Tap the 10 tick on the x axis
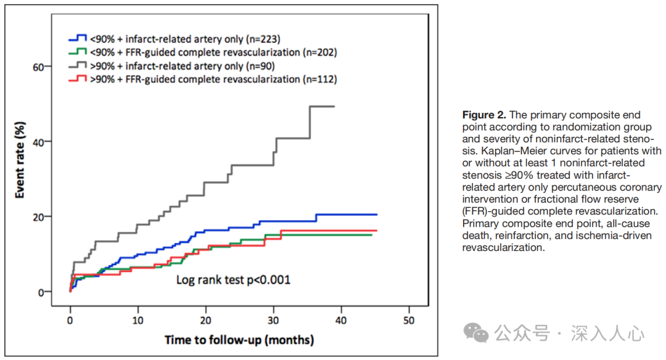click(x=138, y=321)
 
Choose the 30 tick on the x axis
click(x=273, y=321)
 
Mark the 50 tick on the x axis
click(x=408, y=321)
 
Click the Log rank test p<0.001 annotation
click(x=233, y=280)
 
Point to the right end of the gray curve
click(x=334, y=106)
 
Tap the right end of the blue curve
click(x=376, y=215)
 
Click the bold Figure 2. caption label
click(x=485, y=115)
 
